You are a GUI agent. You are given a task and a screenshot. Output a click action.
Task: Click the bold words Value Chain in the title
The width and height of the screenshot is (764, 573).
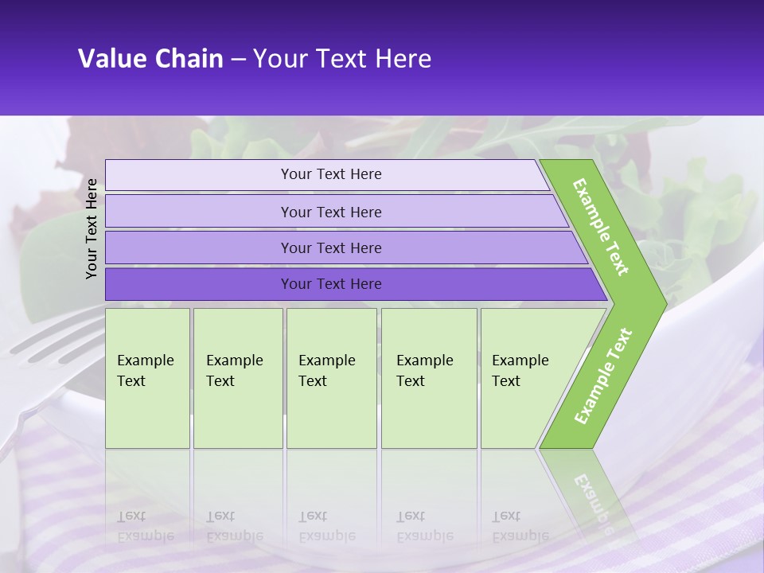point(150,59)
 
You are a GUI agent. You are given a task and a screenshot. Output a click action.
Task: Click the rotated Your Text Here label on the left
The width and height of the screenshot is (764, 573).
point(92,228)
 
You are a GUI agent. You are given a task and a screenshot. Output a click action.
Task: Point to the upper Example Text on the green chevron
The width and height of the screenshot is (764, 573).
point(601,228)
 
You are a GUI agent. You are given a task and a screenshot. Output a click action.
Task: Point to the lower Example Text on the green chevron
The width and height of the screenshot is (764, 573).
point(603,376)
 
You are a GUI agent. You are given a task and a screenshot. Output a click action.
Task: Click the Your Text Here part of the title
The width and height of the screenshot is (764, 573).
point(342,59)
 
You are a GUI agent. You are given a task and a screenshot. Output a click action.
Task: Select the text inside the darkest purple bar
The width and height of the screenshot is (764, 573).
point(331,284)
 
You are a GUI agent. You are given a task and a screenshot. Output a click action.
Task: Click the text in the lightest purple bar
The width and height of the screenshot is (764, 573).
point(331,174)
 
